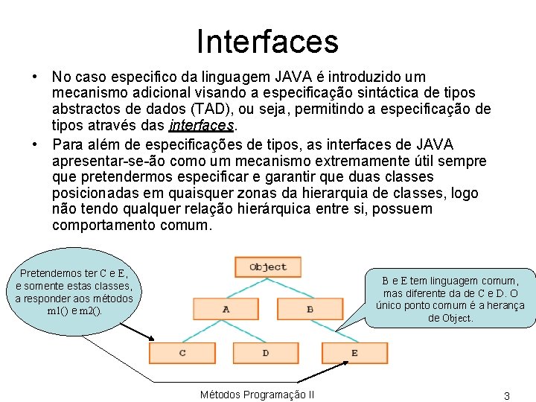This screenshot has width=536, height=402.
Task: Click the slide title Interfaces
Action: [x=267, y=41]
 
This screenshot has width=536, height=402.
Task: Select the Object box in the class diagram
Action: [x=268, y=267]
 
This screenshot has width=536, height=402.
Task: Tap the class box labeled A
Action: [x=226, y=308]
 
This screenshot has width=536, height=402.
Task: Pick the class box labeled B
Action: [x=310, y=308]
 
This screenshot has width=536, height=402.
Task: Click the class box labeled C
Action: [x=182, y=352]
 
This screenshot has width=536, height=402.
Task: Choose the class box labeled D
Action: [x=266, y=352]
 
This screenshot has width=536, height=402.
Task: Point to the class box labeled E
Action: [x=354, y=352]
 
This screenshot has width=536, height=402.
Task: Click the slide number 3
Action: [x=506, y=395]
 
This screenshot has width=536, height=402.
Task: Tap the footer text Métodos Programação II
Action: [x=257, y=395]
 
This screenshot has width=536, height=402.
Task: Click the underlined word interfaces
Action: [x=202, y=125]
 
